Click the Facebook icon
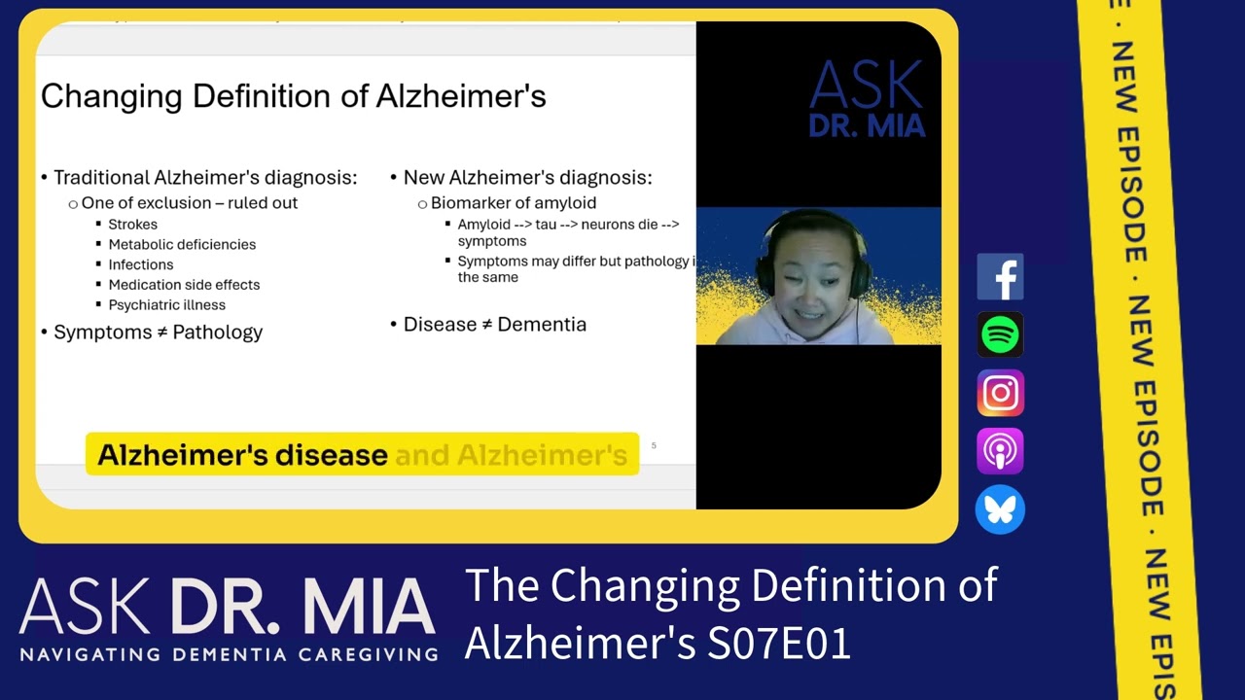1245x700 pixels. [1000, 277]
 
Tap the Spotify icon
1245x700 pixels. [1000, 335]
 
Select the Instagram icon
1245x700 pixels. [1000, 393]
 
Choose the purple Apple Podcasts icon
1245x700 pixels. [1000, 451]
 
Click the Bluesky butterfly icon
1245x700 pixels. [1000, 509]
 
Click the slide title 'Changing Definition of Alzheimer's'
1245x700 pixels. [293, 96]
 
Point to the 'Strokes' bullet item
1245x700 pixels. [132, 225]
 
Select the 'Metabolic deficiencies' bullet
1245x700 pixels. [182, 245]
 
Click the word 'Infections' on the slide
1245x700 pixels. [141, 264]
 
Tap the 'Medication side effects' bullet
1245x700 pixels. [184, 285]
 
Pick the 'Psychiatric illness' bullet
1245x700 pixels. [166, 305]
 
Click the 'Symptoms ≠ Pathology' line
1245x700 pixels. [158, 332]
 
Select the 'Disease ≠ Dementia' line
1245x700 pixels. [494, 325]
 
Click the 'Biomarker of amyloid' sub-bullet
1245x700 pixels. [513, 203]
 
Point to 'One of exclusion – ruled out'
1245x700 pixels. [190, 203]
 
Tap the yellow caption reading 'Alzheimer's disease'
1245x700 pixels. [243, 455]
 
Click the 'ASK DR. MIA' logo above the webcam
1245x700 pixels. [866, 99]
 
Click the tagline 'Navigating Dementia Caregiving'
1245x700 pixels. [228, 653]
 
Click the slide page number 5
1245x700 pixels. [654, 445]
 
